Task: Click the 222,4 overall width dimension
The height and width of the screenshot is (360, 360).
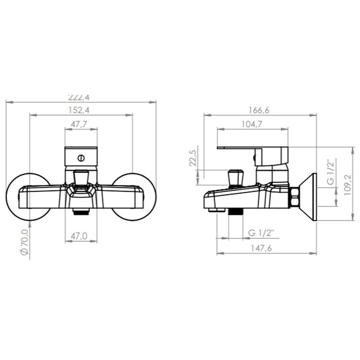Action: click(79, 97)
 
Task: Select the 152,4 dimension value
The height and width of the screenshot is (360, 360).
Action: click(79, 110)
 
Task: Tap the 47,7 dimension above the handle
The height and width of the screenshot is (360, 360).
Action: click(79, 124)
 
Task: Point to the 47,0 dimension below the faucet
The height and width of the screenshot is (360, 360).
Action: click(79, 236)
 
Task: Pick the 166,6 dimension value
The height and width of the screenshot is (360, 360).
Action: click(259, 110)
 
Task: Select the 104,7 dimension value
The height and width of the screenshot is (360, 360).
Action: click(252, 124)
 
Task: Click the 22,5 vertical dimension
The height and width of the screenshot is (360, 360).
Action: click(193, 158)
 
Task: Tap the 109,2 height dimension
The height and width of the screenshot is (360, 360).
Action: click(347, 185)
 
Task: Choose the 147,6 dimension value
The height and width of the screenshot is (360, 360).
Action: click(261, 248)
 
